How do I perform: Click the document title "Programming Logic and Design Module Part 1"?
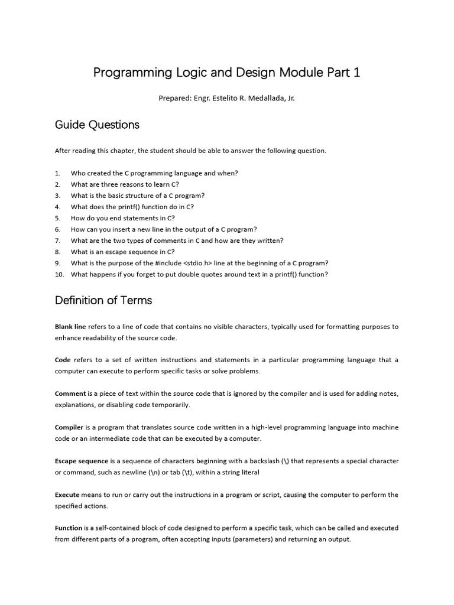[x=226, y=73]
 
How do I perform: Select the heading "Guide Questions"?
[x=97, y=125]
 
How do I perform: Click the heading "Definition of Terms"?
[x=103, y=300]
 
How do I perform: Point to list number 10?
[x=59, y=274]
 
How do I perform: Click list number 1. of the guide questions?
[x=58, y=173]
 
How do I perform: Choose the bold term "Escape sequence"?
[x=82, y=461]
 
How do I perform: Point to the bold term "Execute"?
[x=68, y=495]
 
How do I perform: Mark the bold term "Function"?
[x=69, y=528]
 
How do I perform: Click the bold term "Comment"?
[x=70, y=393]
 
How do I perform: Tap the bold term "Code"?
[x=63, y=360]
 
